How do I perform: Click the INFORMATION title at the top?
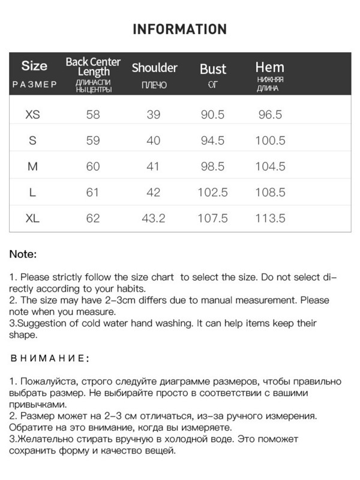[x=179, y=29]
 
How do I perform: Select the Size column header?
[x=34, y=65]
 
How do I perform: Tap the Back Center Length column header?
[x=93, y=67]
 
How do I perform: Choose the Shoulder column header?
[x=154, y=68]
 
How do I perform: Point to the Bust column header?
[x=213, y=69]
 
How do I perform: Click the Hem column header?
[x=269, y=67]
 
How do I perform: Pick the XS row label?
[x=33, y=115]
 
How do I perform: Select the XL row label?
[x=33, y=218]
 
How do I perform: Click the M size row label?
[x=33, y=166]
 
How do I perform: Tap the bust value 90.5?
[x=212, y=115]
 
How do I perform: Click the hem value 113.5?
[x=270, y=218]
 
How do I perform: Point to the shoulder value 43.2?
[x=153, y=218]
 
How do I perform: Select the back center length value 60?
[x=93, y=166]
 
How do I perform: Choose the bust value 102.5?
[x=213, y=193]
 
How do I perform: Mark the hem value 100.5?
[x=270, y=140]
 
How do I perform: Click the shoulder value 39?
[x=154, y=115]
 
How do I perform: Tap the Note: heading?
[x=23, y=254]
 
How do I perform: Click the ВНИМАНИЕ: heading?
[x=49, y=358]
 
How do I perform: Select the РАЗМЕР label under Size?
[x=34, y=85]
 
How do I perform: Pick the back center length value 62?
[x=93, y=218]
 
